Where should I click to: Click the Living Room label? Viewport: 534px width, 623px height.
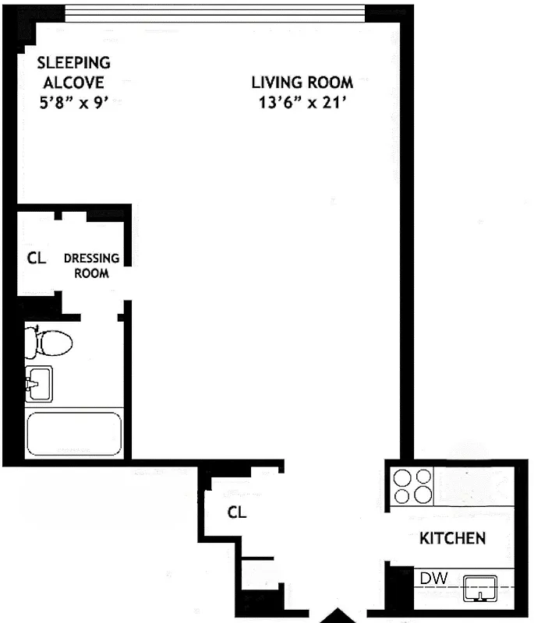click(x=302, y=82)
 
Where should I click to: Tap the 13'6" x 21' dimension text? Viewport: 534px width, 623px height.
click(x=302, y=104)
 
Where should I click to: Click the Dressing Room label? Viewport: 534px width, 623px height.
click(x=91, y=266)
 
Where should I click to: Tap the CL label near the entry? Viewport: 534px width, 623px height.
click(x=237, y=512)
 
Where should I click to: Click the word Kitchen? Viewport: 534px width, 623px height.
click(x=453, y=538)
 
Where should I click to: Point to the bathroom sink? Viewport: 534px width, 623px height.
click(x=38, y=383)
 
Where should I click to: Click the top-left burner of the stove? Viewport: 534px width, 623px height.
click(x=403, y=477)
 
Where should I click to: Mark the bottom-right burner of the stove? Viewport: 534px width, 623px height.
click(x=423, y=495)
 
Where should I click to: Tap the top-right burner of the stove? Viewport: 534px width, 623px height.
click(x=423, y=477)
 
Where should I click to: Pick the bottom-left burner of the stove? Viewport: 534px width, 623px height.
click(x=403, y=495)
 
